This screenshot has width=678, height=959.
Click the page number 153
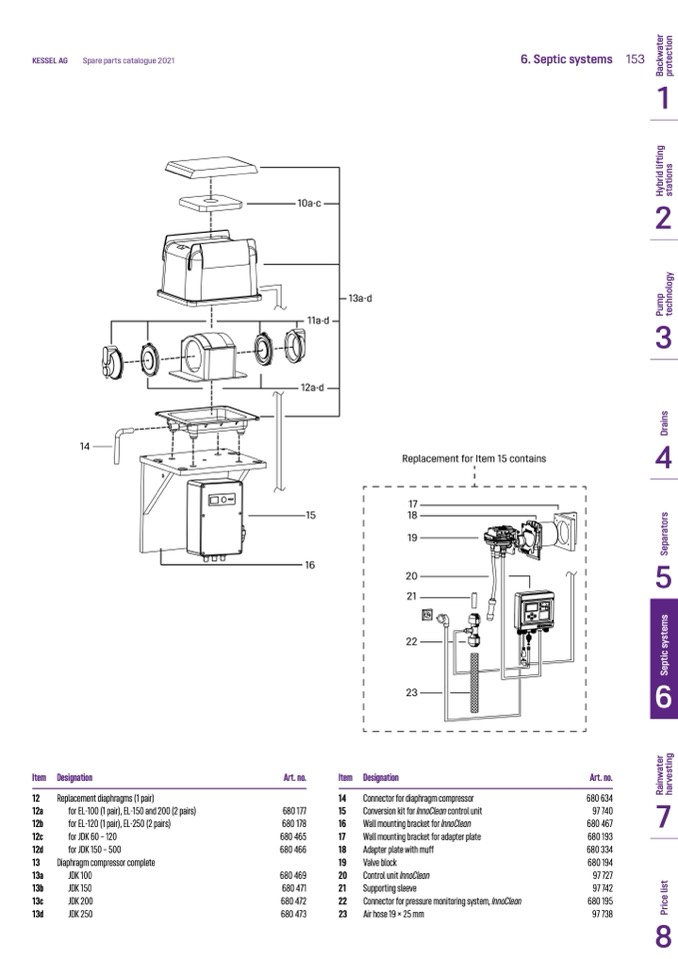pyautogui.click(x=635, y=59)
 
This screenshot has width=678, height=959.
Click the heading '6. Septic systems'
pyautogui.click(x=566, y=59)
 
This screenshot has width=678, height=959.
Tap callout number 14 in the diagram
pyautogui.click(x=86, y=446)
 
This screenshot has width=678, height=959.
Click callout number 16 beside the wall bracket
pyautogui.click(x=310, y=565)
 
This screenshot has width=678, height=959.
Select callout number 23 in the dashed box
pyautogui.click(x=411, y=691)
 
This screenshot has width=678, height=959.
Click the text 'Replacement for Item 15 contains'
pyautogui.click(x=474, y=459)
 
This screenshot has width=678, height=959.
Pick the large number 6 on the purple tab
pyautogui.click(x=663, y=696)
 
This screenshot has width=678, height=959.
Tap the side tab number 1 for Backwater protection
pyautogui.click(x=663, y=99)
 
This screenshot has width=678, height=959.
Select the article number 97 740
pyautogui.click(x=602, y=810)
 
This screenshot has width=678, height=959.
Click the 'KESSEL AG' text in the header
pyautogui.click(x=49, y=61)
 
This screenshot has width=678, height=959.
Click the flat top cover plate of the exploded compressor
pyautogui.click(x=213, y=167)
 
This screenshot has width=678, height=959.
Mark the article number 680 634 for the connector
pyautogui.click(x=599, y=797)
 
